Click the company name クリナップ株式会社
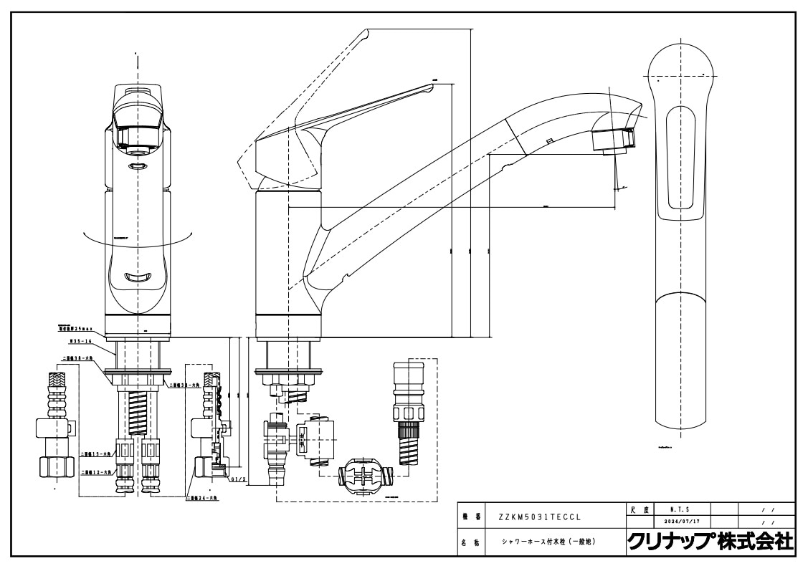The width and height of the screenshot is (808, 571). point(710,542)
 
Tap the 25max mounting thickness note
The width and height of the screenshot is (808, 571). point(76,328)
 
